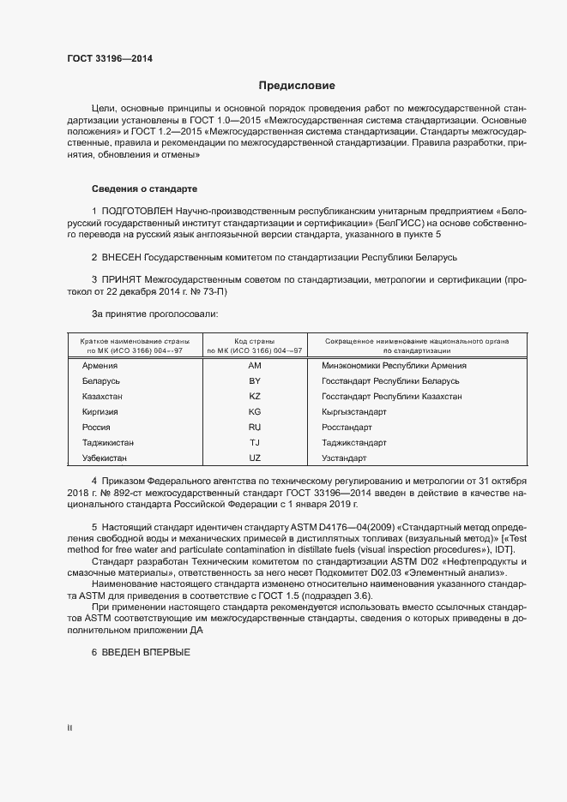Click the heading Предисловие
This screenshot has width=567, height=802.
(298, 86)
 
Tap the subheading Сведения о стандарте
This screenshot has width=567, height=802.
(145, 187)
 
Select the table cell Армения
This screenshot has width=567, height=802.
(100, 366)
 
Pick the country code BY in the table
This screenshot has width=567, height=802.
(254, 380)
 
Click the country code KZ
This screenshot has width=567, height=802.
(254, 396)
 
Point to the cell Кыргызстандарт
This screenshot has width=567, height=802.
(353, 411)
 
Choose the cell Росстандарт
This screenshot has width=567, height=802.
(347, 427)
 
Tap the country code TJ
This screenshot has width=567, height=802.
(254, 442)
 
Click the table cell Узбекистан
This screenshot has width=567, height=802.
(106, 458)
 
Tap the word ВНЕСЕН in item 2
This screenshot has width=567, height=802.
(125, 257)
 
